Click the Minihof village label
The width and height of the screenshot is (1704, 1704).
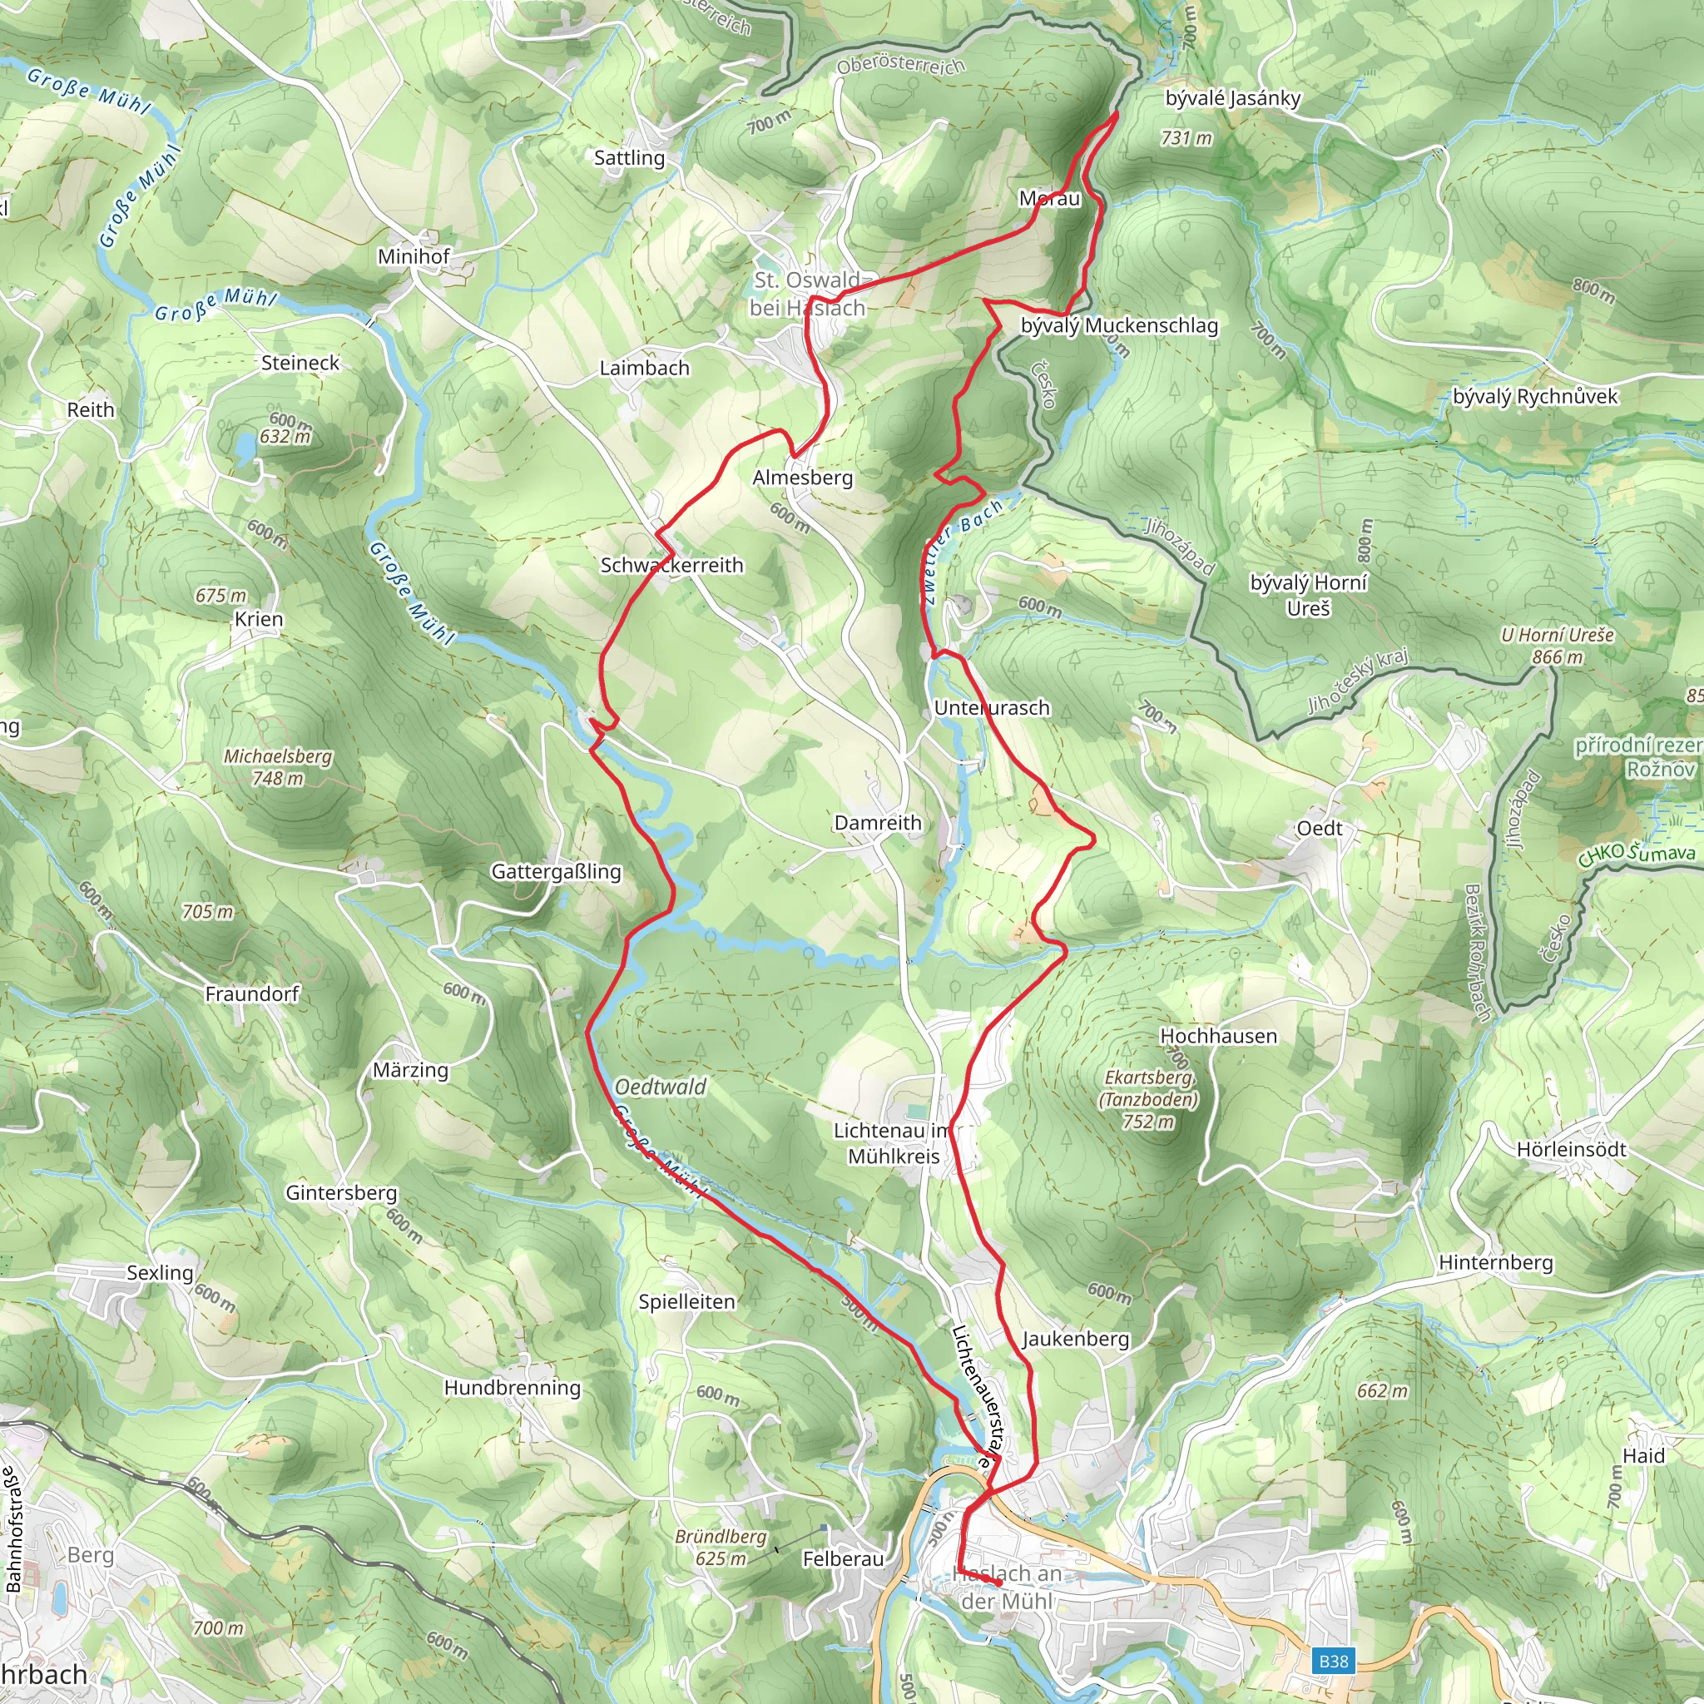pos(413,255)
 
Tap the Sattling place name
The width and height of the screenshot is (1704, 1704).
pos(629,158)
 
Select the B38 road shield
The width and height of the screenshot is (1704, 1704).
pos(1333,1662)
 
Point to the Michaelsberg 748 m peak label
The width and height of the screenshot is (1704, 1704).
pos(278,766)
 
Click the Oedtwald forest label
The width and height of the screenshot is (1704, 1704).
pos(661,1087)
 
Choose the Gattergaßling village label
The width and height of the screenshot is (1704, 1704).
pos(556,871)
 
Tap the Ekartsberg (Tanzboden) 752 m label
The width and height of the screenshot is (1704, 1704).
pos(1148,1099)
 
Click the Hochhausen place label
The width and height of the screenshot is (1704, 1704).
pos(1218,1037)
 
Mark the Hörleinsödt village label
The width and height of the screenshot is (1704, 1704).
pos(1571,1149)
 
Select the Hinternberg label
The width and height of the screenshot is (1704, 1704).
pos(1495,1262)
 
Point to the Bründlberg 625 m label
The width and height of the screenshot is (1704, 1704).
pos(721,1547)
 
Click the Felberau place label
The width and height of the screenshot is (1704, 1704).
pos(842,1559)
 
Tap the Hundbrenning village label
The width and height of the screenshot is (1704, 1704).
pos(512,1387)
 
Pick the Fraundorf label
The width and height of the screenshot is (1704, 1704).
pos(252,994)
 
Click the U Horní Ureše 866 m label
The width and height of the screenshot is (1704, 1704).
pos(1557,646)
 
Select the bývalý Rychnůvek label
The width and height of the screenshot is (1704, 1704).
pos(1534,397)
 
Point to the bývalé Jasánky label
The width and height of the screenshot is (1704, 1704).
pos(1232,98)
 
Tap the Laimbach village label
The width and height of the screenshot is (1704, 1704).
pos(644,368)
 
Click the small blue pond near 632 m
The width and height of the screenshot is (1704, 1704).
pos(245,450)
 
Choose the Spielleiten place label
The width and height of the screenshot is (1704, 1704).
pos(686,1302)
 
